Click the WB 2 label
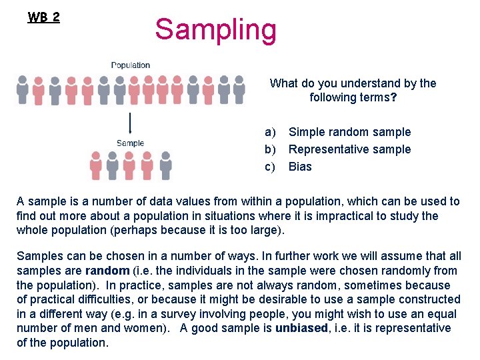point(44,17)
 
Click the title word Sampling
point(215,30)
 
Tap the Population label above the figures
point(131,65)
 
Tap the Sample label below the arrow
point(130,143)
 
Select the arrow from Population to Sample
point(130,124)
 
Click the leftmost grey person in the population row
point(23,89)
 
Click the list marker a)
point(270,132)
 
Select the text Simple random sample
point(349,132)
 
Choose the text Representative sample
point(349,149)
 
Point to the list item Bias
point(300,167)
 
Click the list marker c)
point(270,167)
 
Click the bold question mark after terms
point(393,97)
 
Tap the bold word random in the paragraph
point(107,271)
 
